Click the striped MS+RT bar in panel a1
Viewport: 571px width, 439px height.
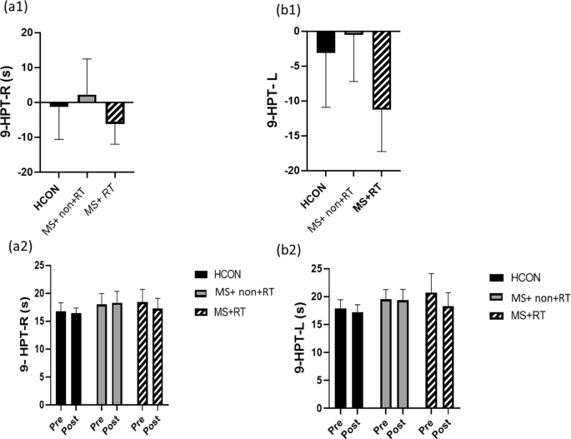[x=114, y=112]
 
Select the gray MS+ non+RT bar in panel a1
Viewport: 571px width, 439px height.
[x=86, y=98]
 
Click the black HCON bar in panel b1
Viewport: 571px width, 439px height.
[x=325, y=42]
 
